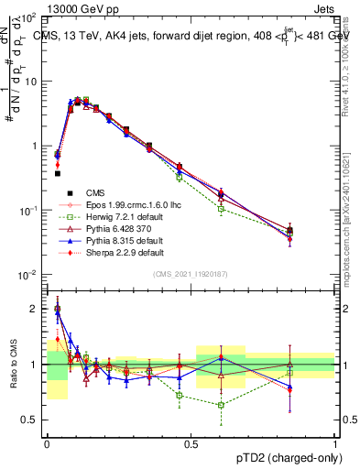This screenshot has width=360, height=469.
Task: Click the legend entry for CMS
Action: [x=95, y=192]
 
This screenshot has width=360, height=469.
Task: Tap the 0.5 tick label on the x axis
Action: [x=191, y=443]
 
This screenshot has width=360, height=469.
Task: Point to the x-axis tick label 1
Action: [x=335, y=443]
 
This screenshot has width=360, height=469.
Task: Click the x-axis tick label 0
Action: [x=47, y=443]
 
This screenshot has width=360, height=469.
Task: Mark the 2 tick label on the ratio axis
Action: [x=34, y=309]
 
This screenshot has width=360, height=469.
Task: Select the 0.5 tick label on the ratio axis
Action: [x=30, y=420]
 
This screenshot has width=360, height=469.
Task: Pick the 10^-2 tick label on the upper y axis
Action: [x=28, y=275]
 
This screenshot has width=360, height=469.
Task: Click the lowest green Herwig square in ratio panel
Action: [x=221, y=405]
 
